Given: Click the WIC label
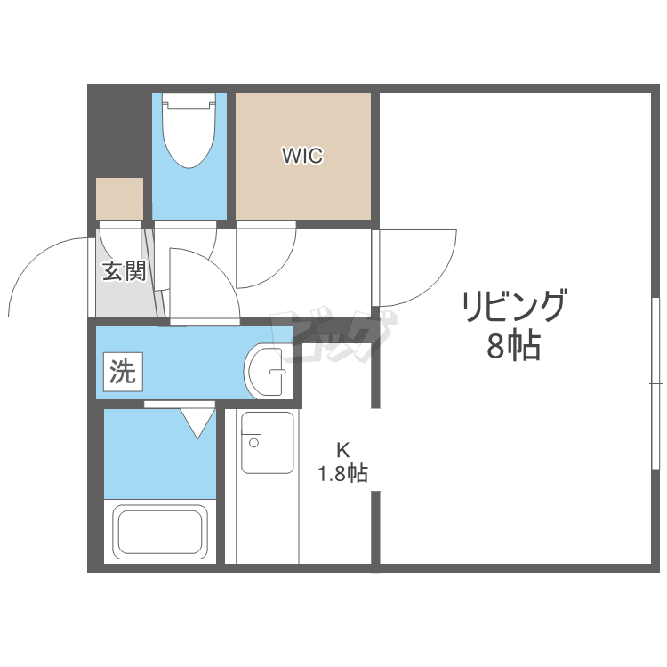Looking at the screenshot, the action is (x=302, y=156).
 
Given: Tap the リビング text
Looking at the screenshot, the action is (x=515, y=305).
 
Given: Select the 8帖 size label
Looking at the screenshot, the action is (x=513, y=346).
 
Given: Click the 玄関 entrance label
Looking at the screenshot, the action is (x=124, y=270).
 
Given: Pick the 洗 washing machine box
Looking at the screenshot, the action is (x=123, y=372).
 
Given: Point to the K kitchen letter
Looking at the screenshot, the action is (x=343, y=449).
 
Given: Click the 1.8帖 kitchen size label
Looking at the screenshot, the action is (x=343, y=472).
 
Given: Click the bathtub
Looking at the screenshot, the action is (x=160, y=531).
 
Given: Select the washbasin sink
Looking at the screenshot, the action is (x=266, y=372).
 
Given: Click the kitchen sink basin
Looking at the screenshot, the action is (x=268, y=442).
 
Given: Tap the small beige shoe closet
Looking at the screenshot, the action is (x=119, y=198).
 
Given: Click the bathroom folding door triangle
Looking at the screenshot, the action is (x=197, y=422).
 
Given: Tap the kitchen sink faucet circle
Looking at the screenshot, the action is (x=254, y=443).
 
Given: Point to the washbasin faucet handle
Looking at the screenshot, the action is (x=277, y=372).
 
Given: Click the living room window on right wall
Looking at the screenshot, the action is (x=656, y=383).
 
